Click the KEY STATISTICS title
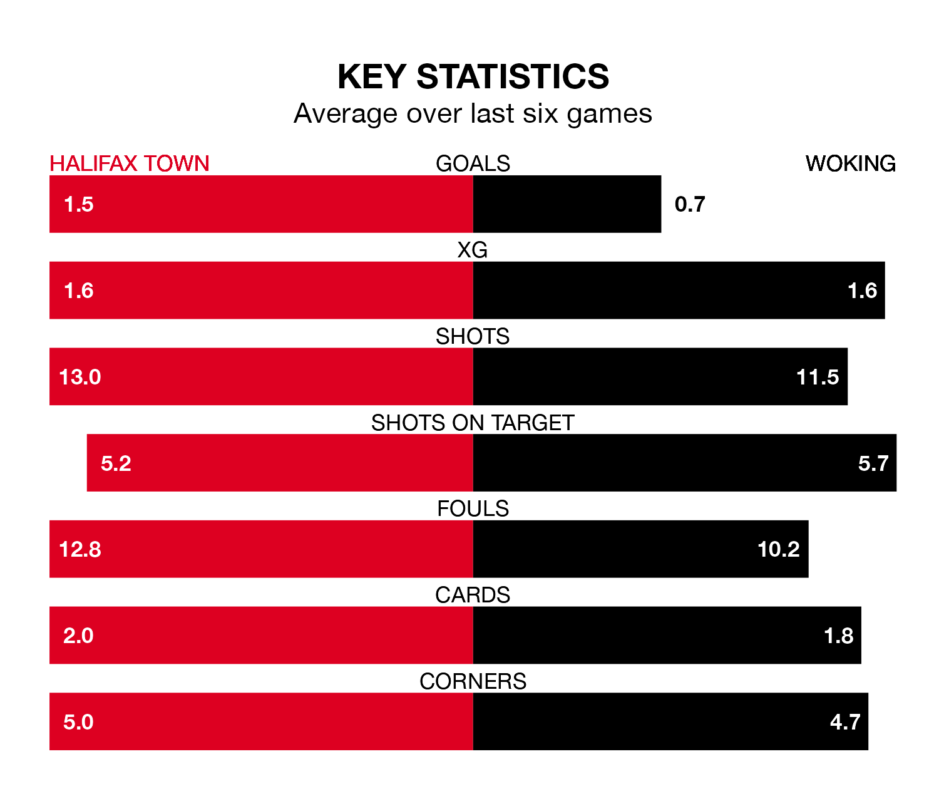pyautogui.click(x=473, y=76)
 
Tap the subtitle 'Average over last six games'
pyautogui.click(x=473, y=114)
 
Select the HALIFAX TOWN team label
pyautogui.click(x=130, y=163)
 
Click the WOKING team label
pyautogui.click(x=850, y=163)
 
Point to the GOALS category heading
pyautogui.click(x=473, y=163)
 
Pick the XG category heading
pyautogui.click(x=473, y=250)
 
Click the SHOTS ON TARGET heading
pyautogui.click(x=473, y=423)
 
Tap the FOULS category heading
pyautogui.click(x=473, y=508)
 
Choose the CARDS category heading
pyautogui.click(x=473, y=595)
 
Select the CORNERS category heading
pyautogui.click(x=473, y=681)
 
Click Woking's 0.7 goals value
pyautogui.click(x=690, y=204)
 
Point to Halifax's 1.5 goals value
pyautogui.click(x=79, y=204)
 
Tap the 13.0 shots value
pyautogui.click(x=80, y=377)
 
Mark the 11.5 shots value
pyautogui.click(x=818, y=377)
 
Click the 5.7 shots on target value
pyautogui.click(x=873, y=463)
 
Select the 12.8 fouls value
pyautogui.click(x=80, y=549)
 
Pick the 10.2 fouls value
pyautogui.click(x=779, y=549)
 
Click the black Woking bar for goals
pyautogui.click(x=567, y=204)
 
